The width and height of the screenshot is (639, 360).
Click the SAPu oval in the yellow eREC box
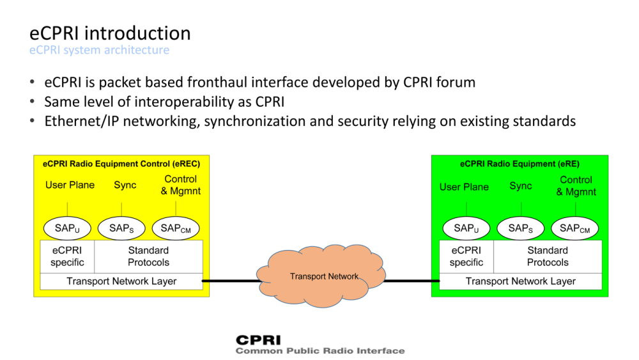pyautogui.click(x=67, y=228)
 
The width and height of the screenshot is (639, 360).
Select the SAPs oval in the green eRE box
pyautogui.click(x=520, y=228)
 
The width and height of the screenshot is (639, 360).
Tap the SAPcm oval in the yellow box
pyautogui.click(x=176, y=228)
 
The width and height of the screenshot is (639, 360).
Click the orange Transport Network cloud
pyautogui.click(x=321, y=276)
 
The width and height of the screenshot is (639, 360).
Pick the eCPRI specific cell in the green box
pyautogui.click(x=466, y=256)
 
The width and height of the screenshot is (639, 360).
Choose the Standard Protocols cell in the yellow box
pyautogui.click(x=148, y=256)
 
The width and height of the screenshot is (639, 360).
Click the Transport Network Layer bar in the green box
pyautogui.click(x=520, y=281)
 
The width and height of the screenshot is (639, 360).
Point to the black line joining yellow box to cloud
pyautogui.click(x=231, y=281)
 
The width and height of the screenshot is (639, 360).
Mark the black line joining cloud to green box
pyautogui.click(x=412, y=281)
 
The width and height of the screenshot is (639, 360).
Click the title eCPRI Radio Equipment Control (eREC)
pyautogui.click(x=121, y=164)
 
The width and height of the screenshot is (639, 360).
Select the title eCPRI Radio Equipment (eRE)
pyautogui.click(x=520, y=164)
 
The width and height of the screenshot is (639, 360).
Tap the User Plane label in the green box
pyautogui.click(x=464, y=187)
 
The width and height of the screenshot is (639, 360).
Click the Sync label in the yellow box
pyautogui.click(x=125, y=185)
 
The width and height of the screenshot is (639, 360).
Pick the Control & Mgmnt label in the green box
pyautogui.click(x=576, y=186)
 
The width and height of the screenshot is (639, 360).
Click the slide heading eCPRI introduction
pyautogui.click(x=110, y=33)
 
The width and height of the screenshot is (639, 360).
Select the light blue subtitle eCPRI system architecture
pyautogui.click(x=100, y=50)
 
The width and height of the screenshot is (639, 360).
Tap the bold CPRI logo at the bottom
pyautogui.click(x=258, y=340)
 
